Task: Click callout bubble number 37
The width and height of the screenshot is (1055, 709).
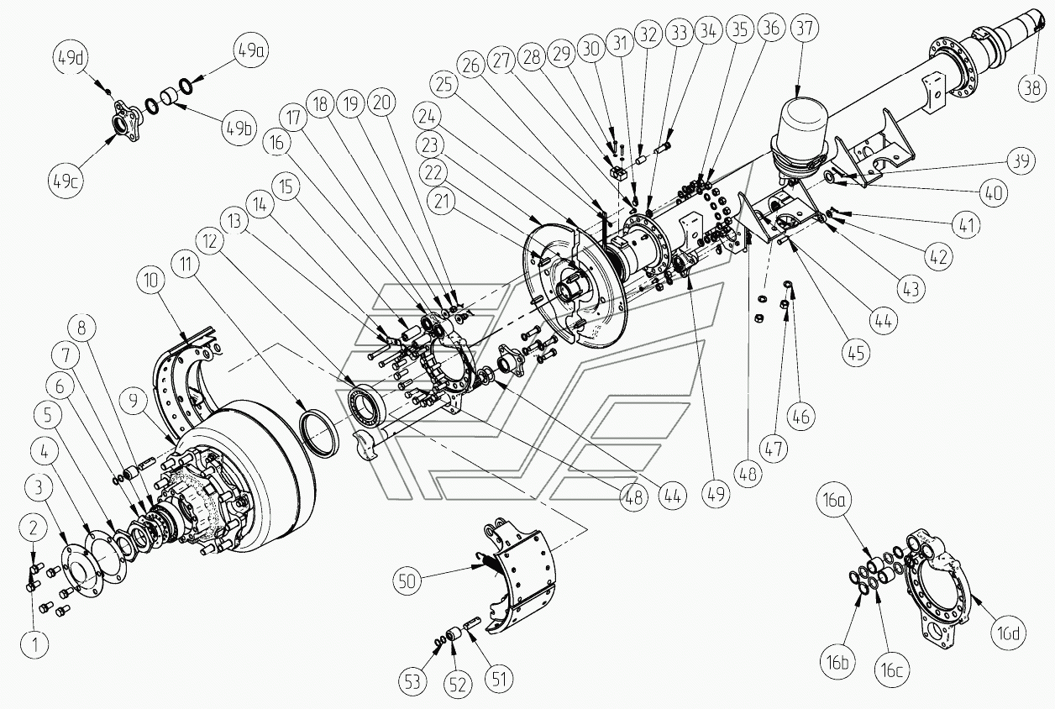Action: (x=803, y=29)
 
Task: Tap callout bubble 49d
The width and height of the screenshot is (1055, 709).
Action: (x=70, y=58)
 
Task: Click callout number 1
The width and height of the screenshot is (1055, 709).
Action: (x=34, y=644)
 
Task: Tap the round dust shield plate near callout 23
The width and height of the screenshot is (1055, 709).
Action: (x=580, y=286)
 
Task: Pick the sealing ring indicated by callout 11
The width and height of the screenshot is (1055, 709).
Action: (x=320, y=433)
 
